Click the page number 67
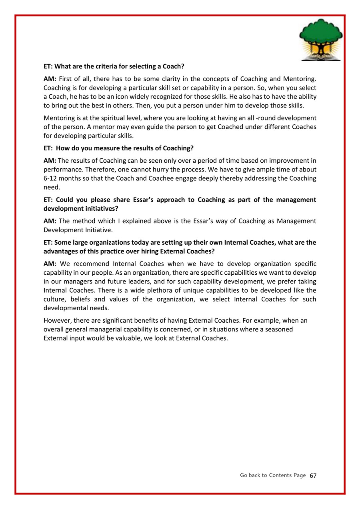coord(313,475)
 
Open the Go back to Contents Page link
coord(273,475)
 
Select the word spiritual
coord(111,118)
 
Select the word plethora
coord(166,290)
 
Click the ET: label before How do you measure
coord(48,148)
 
